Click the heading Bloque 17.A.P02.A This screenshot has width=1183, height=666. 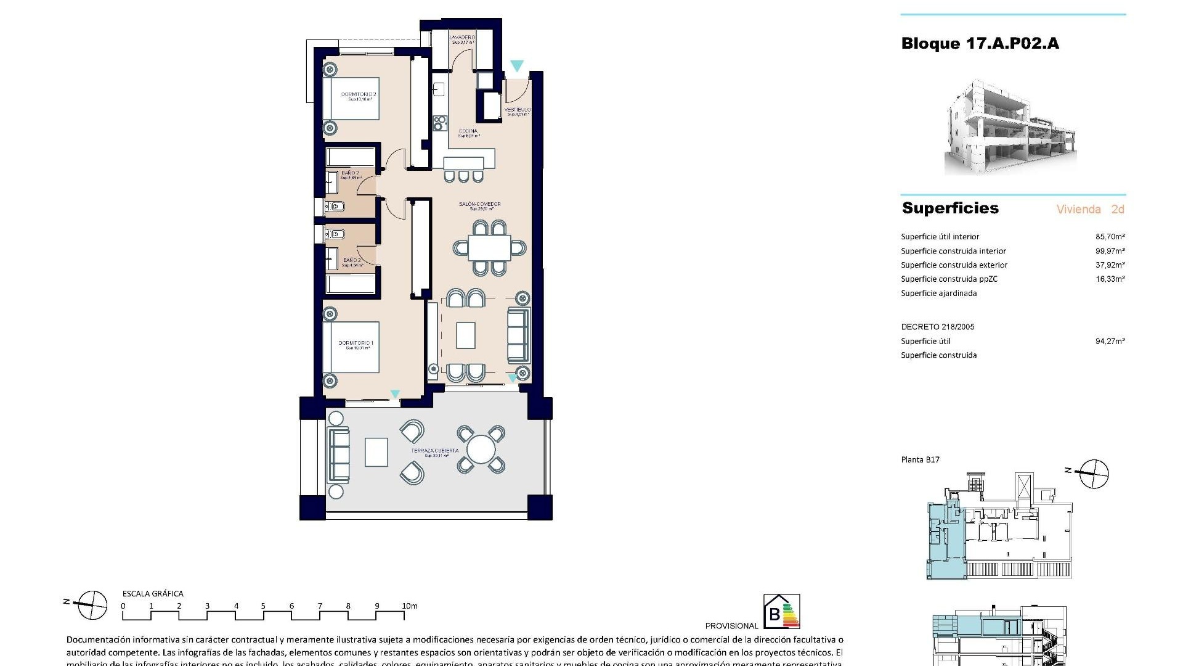980,43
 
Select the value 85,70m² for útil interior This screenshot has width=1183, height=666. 1110,236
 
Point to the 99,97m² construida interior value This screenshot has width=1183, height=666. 1110,251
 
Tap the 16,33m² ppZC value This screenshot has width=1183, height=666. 1110,279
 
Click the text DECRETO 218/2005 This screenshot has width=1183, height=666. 937,327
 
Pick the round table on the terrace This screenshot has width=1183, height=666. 481,449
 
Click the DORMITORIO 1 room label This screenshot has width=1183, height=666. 356,343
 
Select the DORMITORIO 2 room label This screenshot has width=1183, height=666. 359,95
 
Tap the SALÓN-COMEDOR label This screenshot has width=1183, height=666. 479,204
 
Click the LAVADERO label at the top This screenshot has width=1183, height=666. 462,38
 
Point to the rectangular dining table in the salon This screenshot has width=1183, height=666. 489,249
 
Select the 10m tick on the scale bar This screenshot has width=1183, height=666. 409,606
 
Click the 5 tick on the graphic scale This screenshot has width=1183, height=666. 263,606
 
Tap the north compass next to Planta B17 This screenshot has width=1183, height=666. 1094,474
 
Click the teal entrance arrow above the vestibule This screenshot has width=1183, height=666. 517,65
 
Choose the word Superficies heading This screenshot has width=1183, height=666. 950,208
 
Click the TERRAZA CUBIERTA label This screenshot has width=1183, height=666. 436,451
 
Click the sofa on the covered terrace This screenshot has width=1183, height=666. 338,455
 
